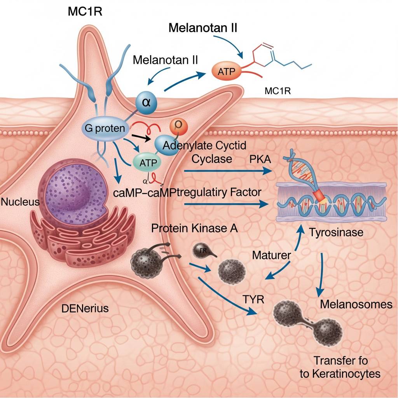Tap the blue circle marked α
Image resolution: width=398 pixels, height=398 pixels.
pos(147,103)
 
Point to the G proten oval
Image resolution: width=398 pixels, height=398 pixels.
pos(105,129)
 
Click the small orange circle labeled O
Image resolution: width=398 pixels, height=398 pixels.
pos(179,126)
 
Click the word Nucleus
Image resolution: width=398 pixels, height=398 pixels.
pos(20,202)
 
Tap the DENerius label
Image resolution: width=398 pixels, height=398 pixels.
pos(85,309)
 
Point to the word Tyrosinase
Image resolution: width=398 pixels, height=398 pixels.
pos(336,232)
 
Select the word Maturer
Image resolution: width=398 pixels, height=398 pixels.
pos(272,255)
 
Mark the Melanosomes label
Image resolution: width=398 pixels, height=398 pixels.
pos(356,304)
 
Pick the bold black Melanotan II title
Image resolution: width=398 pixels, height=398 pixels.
pos(203,28)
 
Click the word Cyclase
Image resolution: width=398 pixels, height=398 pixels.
pos(211,159)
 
